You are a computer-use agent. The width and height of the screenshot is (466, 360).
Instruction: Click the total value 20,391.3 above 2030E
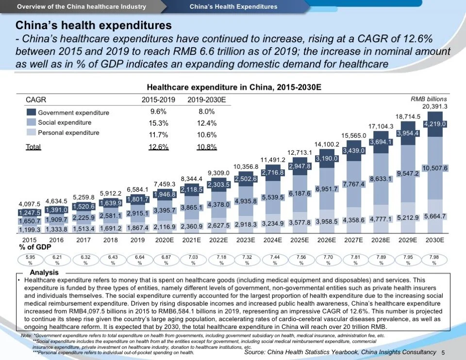[x=435, y=106]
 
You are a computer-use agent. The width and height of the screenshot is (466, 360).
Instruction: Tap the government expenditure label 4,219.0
[x=435, y=124]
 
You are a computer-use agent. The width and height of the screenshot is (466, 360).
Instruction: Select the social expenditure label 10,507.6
[x=435, y=168]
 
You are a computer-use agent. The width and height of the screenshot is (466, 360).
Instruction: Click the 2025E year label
[x=300, y=240]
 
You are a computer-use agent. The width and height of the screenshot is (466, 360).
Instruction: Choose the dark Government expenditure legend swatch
[x=31, y=113]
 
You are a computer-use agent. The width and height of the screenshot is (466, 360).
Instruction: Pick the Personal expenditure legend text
[x=68, y=132]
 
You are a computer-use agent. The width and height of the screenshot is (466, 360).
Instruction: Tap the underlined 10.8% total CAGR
[x=207, y=147]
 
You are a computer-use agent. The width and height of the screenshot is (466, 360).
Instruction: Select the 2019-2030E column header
[x=207, y=100]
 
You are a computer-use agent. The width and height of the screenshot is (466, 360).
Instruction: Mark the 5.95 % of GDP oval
[x=30, y=261]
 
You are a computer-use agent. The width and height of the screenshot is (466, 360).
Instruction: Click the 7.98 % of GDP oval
[x=435, y=261]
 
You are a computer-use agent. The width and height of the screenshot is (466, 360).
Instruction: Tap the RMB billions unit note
[x=429, y=98]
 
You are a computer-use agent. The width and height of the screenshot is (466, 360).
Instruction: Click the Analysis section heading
[x=44, y=272]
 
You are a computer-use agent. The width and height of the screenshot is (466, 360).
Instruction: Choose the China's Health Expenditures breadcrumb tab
[x=233, y=7]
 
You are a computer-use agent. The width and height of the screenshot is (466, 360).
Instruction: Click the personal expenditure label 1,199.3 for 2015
[x=30, y=229]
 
